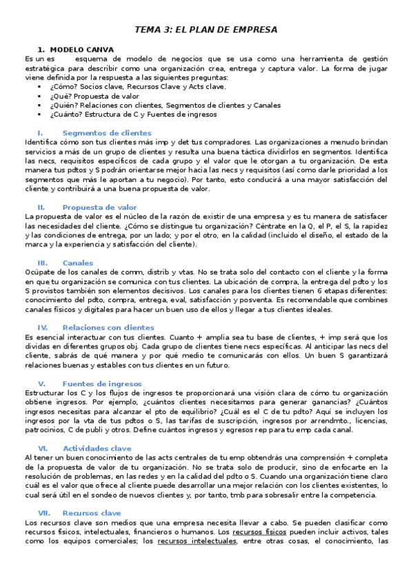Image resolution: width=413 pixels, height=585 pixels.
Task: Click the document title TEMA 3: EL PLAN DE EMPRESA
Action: pos(206,30)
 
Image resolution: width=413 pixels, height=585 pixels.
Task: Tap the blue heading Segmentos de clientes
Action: pos(106,132)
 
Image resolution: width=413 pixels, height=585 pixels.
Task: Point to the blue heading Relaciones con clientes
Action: pos(108,328)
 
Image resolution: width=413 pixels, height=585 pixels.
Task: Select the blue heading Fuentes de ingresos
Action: pos(102,384)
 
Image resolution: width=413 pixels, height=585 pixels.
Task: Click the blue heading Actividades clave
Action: pos(97,448)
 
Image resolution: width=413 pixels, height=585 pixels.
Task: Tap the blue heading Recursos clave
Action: pos(91,513)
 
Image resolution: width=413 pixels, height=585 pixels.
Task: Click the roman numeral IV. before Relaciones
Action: pos(42,328)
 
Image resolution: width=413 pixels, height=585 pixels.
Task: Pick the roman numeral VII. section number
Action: pos(44,513)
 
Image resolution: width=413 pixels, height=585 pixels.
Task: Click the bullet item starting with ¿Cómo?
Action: pos(119,88)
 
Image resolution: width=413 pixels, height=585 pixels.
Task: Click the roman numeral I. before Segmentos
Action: pos(40,132)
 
